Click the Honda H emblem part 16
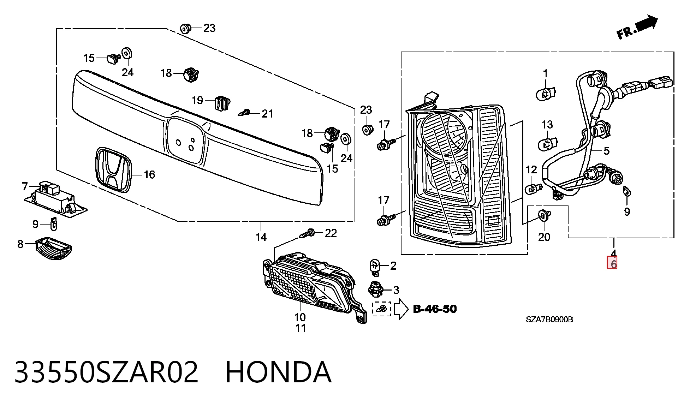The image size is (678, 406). [x=113, y=170]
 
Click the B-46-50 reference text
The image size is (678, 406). [x=435, y=309]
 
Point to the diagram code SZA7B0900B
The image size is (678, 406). [x=549, y=320]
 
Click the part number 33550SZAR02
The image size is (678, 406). [x=106, y=372]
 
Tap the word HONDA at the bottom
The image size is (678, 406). [x=278, y=372]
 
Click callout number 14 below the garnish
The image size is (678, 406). [x=261, y=237]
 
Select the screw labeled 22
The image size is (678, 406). [x=307, y=233]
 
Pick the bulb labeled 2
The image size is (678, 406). [x=375, y=267]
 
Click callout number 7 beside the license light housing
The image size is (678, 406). [x=25, y=186]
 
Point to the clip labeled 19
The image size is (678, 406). [x=222, y=103]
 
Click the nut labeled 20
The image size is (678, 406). [x=543, y=215]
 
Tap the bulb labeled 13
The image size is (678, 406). [x=547, y=144]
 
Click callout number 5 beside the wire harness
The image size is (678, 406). [x=606, y=151]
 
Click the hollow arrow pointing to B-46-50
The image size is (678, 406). [x=401, y=309]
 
